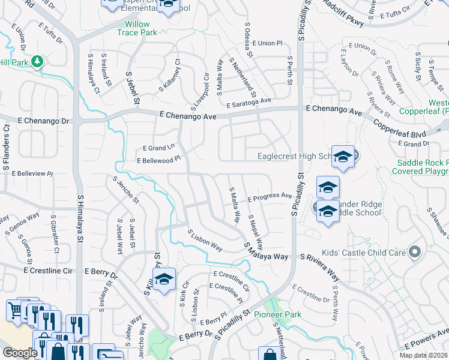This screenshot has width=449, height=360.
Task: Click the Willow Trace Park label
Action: coord(137,29)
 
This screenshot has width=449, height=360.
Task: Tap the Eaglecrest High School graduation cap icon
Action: coord(342,157)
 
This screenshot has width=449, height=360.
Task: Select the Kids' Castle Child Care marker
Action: coord(414,252)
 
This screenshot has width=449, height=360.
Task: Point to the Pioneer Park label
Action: coord(277,314)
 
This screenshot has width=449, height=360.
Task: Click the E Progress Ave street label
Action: coord(269,197)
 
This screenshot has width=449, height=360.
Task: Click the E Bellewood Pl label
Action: coord(158,161)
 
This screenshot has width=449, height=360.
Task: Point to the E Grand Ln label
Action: coord(158,147)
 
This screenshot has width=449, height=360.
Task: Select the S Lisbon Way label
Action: coord(205,241)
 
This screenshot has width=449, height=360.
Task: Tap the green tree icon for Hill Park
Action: coord(37,61)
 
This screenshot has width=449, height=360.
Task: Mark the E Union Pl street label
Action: coord(267,43)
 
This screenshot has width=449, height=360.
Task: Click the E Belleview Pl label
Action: coord(30,173)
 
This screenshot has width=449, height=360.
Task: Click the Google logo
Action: coord(19,353)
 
